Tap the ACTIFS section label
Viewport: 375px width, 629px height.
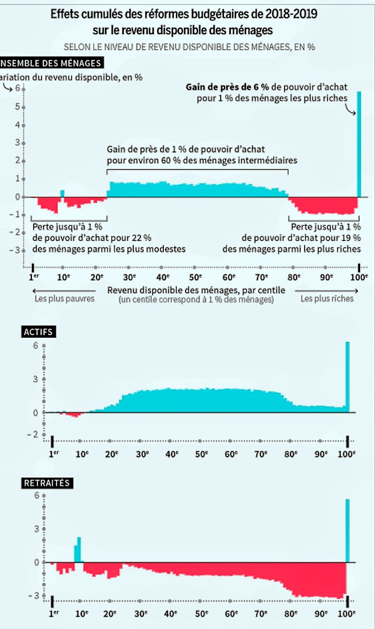38,332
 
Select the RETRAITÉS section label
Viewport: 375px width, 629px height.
47,483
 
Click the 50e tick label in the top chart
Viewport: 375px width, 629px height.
195,277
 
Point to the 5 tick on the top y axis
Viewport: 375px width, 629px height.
17,106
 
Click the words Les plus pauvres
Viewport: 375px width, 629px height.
65,299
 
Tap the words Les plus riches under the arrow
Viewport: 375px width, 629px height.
327,299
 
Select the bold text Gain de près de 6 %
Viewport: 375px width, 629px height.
227,87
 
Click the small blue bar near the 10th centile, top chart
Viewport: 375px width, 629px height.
62,194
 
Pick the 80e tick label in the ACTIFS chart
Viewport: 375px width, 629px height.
291,454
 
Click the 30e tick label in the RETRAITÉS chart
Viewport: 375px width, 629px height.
141,614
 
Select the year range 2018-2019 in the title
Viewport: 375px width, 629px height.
291,14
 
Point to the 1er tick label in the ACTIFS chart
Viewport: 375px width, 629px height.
54,454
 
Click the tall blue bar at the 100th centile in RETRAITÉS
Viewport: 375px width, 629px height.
347,531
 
